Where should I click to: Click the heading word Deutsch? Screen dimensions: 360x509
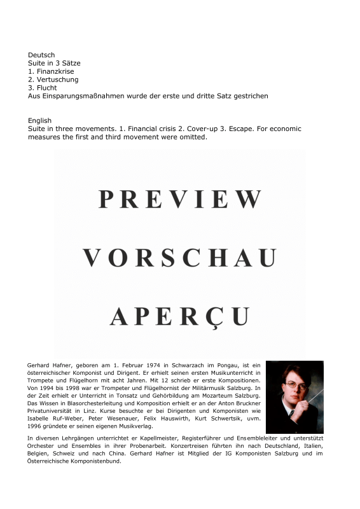click(x=41, y=55)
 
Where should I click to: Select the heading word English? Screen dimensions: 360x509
click(x=40, y=121)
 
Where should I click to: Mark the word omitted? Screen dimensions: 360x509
click(x=191, y=137)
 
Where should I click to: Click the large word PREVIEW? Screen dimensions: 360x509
click(x=180, y=200)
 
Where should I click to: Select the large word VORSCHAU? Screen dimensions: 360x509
click(x=180, y=258)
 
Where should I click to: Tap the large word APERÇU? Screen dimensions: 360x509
click(x=180, y=316)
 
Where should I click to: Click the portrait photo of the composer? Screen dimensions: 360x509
click(x=294, y=397)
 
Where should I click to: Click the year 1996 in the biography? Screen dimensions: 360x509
click(x=36, y=426)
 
